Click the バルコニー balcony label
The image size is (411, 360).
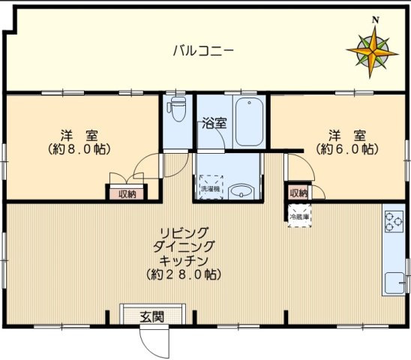[x=203, y=51]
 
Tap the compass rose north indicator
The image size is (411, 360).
[x=372, y=51]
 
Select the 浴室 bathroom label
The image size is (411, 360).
[x=214, y=124]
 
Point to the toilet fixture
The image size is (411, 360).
[x=177, y=109]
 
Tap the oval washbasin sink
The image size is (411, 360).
[x=241, y=191]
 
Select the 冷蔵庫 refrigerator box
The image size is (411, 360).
[x=298, y=217]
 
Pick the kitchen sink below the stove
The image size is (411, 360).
[x=393, y=283]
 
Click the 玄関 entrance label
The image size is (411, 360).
[x=151, y=316]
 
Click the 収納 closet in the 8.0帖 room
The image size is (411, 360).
[x=127, y=194]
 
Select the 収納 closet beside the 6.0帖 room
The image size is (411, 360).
[x=298, y=193]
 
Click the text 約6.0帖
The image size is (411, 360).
[x=346, y=148]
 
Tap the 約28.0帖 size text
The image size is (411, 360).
[x=184, y=274]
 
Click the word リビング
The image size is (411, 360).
[x=184, y=232]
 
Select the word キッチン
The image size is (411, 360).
[x=184, y=260]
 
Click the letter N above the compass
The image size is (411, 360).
[x=376, y=19]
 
